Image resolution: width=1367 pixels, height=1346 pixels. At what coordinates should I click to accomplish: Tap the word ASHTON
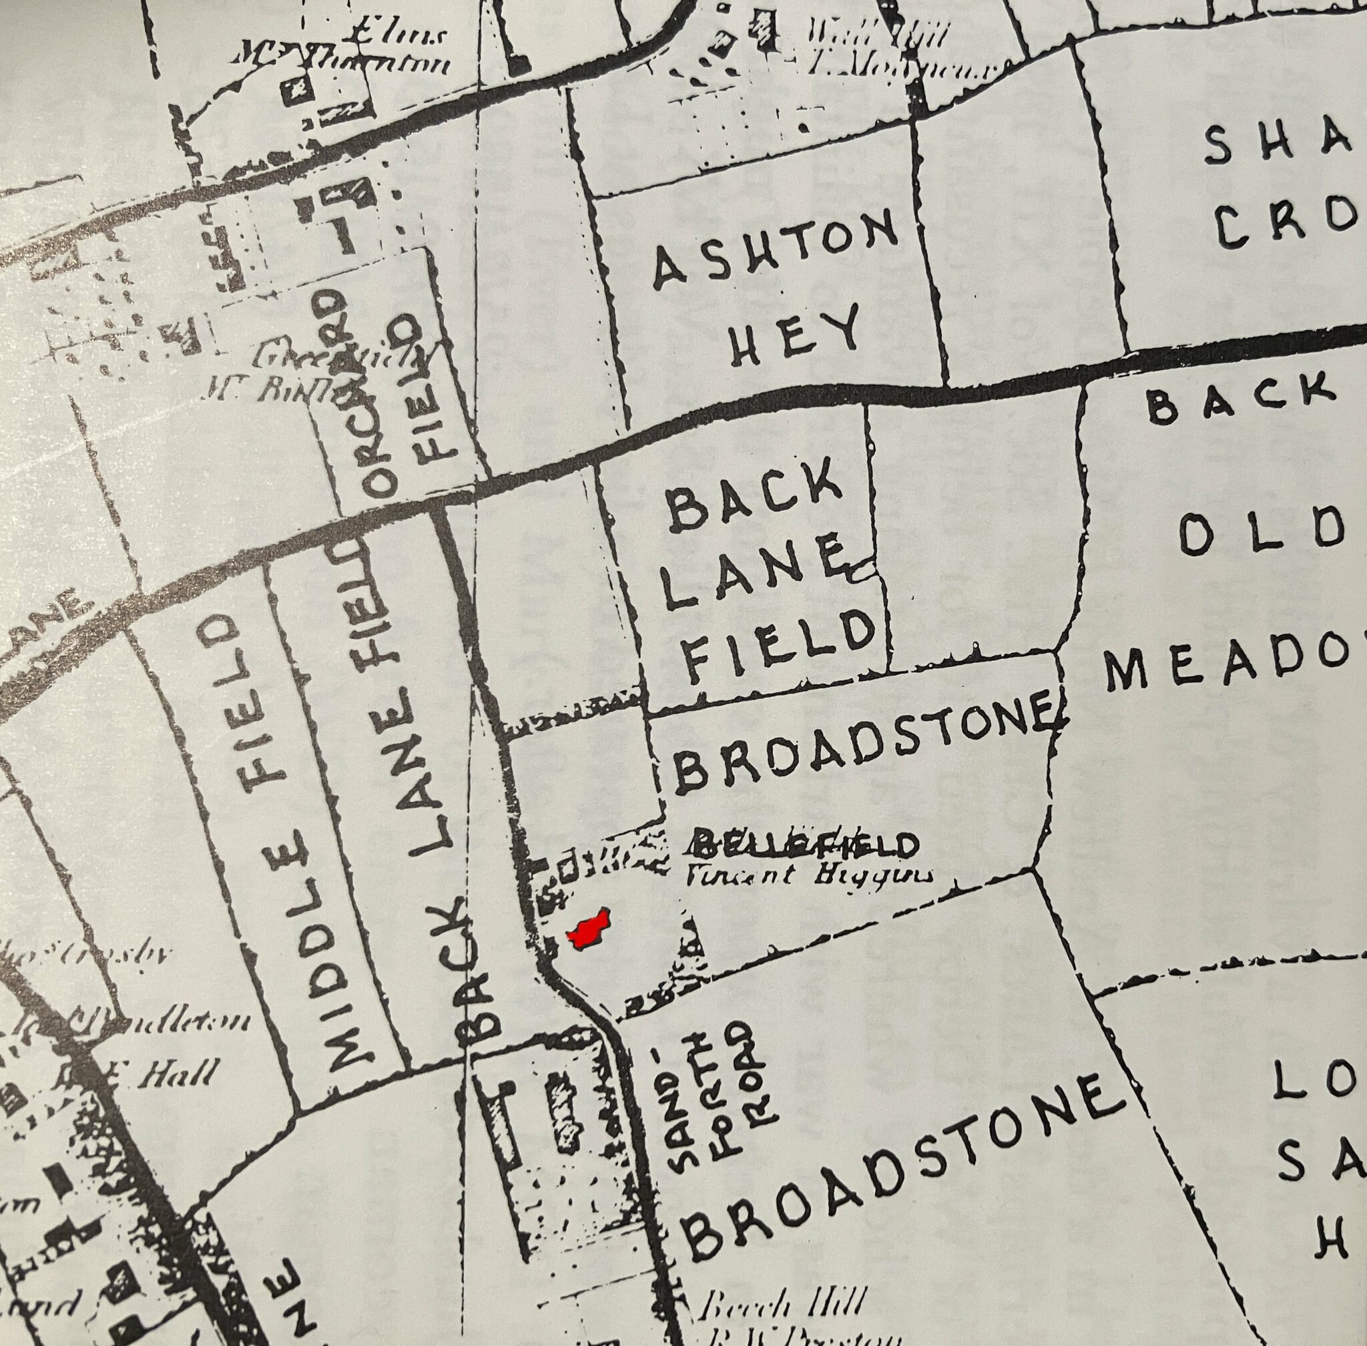click(x=775, y=251)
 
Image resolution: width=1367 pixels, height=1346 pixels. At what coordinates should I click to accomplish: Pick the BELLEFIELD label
click(x=804, y=844)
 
